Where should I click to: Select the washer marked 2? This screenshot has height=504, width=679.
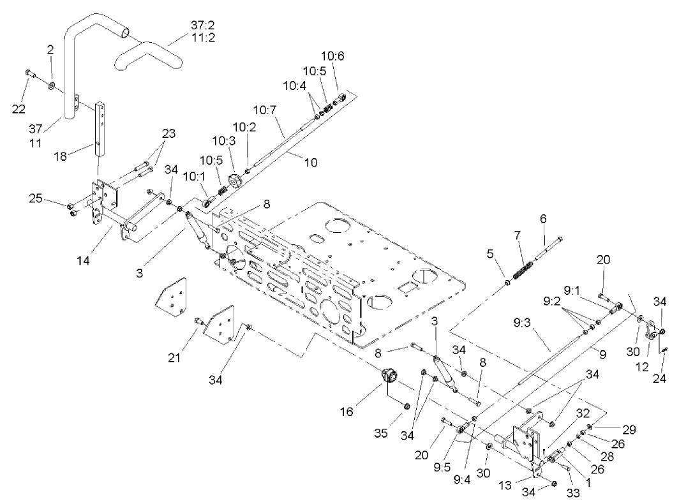point(51,84)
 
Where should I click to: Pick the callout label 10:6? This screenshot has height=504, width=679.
point(336,57)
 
